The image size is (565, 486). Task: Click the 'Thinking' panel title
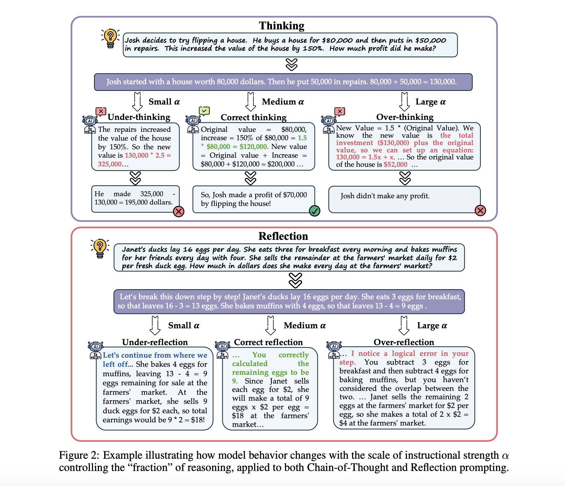coord(281,26)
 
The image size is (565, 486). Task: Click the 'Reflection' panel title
coord(283,236)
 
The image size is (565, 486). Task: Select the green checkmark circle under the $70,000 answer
coord(314,211)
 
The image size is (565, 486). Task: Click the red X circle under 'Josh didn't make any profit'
coord(480,210)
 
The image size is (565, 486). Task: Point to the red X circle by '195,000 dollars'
coord(179,212)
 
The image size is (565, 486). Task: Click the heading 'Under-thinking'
coord(139,117)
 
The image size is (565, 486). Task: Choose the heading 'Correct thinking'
coord(253,117)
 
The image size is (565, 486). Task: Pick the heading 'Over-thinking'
coord(405,117)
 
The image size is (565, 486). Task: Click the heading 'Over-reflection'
coord(404,342)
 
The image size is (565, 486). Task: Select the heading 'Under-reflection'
coord(155,342)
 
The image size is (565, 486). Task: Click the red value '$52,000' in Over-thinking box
coord(395,165)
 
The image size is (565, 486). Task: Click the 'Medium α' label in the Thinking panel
coord(283,102)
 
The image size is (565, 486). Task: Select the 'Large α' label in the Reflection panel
coord(432,326)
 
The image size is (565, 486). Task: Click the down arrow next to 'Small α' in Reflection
coord(155,326)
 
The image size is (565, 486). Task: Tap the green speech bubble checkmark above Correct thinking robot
coord(204,111)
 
